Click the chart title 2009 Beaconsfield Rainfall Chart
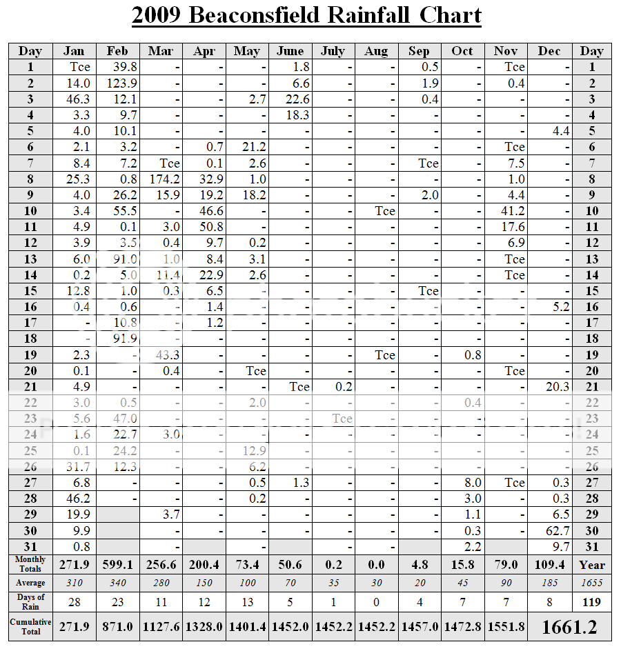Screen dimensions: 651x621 [x=306, y=15]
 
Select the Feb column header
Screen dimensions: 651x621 [x=117, y=51]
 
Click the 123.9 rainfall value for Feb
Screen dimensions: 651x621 [x=119, y=83]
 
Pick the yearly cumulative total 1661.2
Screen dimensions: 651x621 [x=569, y=627]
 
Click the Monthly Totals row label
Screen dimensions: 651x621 [x=30, y=564]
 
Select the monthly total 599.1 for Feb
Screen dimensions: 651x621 [x=118, y=565]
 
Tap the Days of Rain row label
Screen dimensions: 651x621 [x=30, y=601]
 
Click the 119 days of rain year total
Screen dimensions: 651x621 [x=591, y=602]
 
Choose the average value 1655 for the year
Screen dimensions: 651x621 [x=591, y=583]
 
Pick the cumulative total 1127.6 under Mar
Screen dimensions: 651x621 [x=161, y=627]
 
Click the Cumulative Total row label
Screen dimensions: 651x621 [x=30, y=626]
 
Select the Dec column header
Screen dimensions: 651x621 [x=549, y=51]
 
